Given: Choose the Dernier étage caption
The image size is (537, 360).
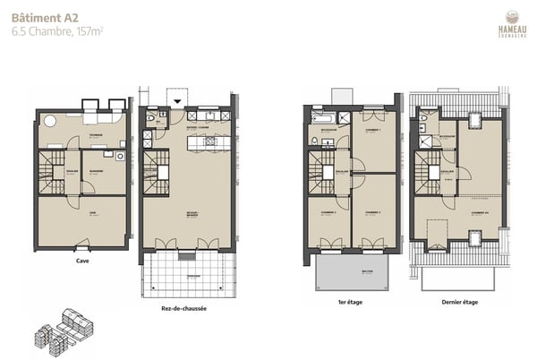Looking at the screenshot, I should pos(459,303).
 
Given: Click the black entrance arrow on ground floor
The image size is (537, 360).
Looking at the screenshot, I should pos(179,102).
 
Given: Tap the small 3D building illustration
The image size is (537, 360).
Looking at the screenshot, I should pos(64,328).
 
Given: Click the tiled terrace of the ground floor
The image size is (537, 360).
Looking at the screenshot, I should pos(187,273).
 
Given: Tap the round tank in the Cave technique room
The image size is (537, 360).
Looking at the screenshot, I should pos(51,121).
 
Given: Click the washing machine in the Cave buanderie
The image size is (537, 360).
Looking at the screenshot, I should pos(118,155).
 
